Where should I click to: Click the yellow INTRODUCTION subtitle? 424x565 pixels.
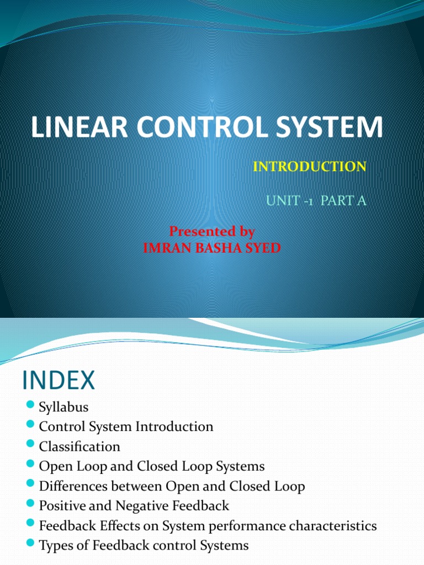pos(309,167)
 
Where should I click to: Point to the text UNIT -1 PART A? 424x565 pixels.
pos(316,200)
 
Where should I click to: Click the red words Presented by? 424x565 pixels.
pos(211,231)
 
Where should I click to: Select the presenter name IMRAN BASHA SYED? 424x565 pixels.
pos(211,248)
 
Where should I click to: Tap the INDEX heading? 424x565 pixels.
pos(59,381)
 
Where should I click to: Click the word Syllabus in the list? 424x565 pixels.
pos(63,408)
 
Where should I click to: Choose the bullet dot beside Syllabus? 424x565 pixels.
pos(30,407)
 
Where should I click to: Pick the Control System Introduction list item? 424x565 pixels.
pos(126,427)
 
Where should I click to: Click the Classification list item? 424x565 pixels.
pos(79,446)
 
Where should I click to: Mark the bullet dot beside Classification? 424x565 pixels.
pos(30,445)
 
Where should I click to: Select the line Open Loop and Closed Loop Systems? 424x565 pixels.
pos(152,466)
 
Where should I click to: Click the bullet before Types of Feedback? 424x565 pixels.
pos(30,545)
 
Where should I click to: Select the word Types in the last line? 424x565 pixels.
pos(54,546)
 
